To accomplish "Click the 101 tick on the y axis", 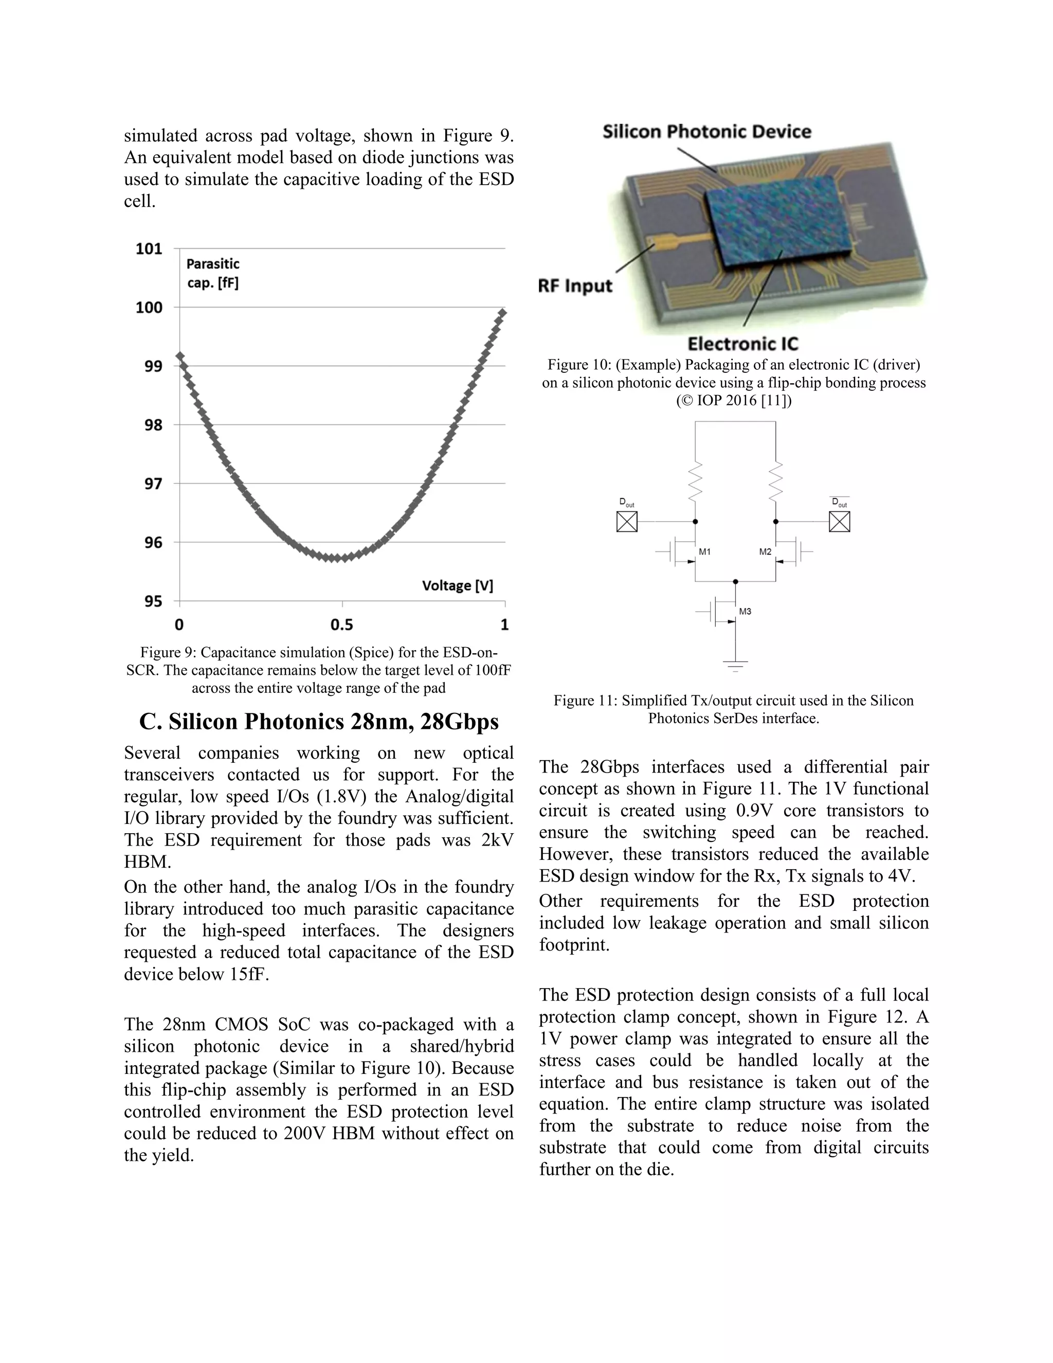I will pyautogui.click(x=149, y=248).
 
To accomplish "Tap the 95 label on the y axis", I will pyautogui.click(x=153, y=601).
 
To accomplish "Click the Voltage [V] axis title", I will pyautogui.click(x=457, y=585).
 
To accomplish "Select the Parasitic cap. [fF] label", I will pyautogui.click(x=212, y=273).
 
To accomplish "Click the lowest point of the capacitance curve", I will pyautogui.click(x=336, y=558).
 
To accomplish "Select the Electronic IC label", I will pyautogui.click(x=742, y=344).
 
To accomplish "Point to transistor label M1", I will pyautogui.click(x=704, y=552).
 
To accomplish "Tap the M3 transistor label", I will pyautogui.click(x=745, y=612).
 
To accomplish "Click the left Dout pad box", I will pyautogui.click(x=627, y=521).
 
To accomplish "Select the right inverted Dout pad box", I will pyautogui.click(x=839, y=521).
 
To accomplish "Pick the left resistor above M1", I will pyautogui.click(x=695, y=481).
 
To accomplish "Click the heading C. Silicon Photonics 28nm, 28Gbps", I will pyautogui.click(x=319, y=722).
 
